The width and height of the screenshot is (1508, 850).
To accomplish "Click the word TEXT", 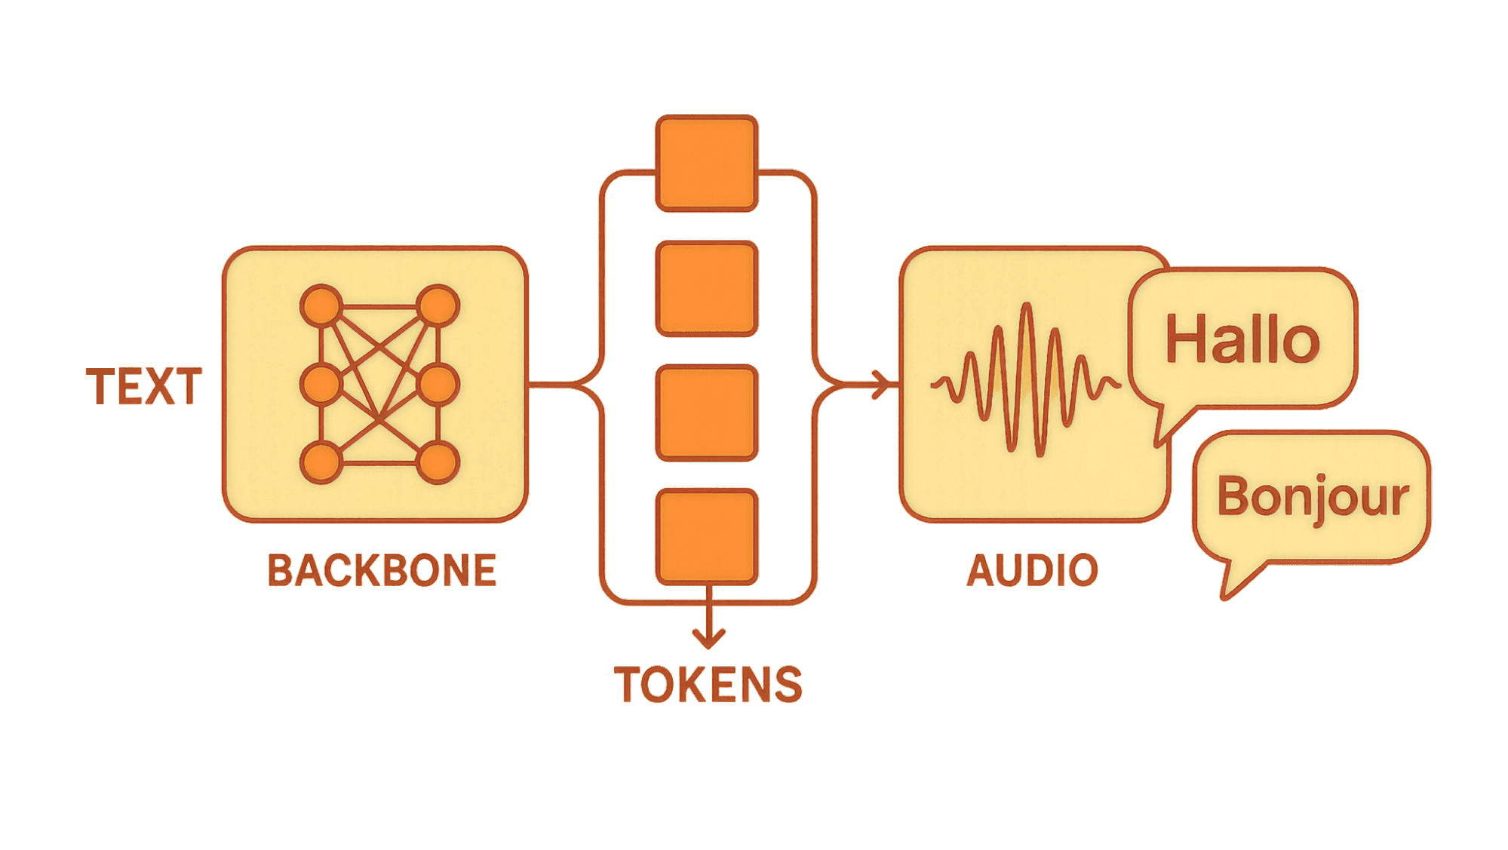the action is (x=144, y=387).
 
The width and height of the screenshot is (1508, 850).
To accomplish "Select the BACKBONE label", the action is (x=382, y=570).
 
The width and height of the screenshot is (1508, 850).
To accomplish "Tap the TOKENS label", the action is (x=708, y=685).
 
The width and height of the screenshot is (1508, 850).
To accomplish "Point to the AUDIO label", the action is (x=1032, y=570).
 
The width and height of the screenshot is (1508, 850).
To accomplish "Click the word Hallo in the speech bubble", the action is (x=1242, y=339).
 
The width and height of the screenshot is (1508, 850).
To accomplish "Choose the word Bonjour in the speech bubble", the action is (x=1313, y=498).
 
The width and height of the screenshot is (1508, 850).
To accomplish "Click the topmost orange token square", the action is (x=706, y=163).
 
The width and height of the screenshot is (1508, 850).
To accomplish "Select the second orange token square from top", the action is (x=706, y=288).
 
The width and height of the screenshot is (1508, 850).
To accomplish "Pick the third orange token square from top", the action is (x=706, y=413).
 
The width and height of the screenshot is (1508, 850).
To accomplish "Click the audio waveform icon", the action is (x=1026, y=381).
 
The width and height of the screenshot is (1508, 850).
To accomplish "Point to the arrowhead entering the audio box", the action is (x=881, y=385).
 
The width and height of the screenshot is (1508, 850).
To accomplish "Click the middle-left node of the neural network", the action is (x=322, y=385).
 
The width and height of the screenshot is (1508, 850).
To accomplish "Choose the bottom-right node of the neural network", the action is (x=438, y=462).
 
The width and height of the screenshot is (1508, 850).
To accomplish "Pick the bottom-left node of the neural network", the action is (x=322, y=462).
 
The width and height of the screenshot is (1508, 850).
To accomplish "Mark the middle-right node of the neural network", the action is (x=438, y=385).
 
